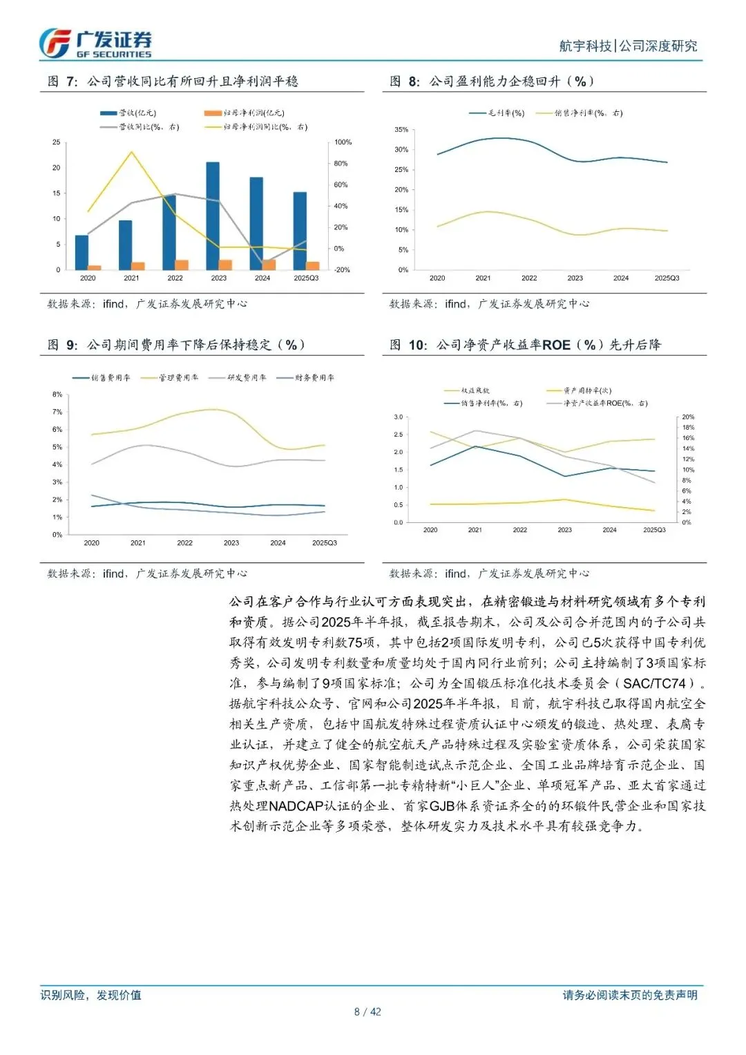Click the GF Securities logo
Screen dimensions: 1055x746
(95, 44)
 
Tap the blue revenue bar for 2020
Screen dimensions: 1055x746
(82, 251)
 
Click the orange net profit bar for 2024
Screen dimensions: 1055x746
(269, 265)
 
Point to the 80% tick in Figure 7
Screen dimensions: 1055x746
(341, 164)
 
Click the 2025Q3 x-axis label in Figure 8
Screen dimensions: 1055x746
(667, 278)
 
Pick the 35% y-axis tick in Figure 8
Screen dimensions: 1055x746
(401, 130)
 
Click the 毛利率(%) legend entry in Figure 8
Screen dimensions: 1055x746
(497, 113)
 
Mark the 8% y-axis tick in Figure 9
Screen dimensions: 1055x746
(57, 395)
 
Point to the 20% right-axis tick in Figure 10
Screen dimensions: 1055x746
(688, 417)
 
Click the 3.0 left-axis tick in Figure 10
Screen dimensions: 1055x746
(398, 417)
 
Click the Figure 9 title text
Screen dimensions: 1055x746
(176, 345)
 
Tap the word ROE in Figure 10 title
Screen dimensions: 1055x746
(556, 345)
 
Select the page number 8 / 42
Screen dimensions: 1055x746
(367, 1012)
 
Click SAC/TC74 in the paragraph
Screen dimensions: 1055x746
(654, 684)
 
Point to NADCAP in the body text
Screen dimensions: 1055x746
(296, 806)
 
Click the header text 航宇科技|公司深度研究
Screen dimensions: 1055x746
(628, 46)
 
